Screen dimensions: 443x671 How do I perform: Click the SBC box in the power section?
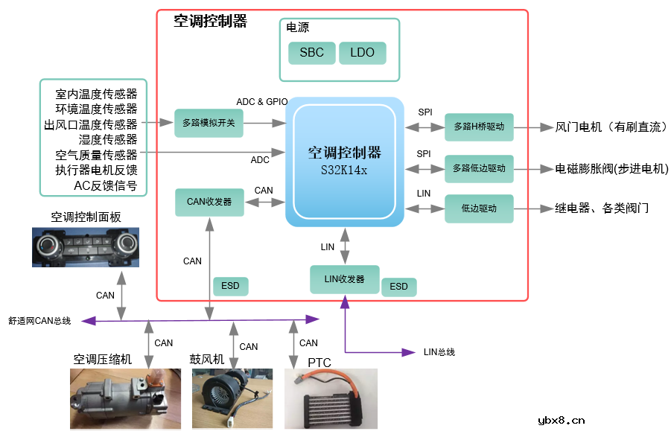pos(311,53)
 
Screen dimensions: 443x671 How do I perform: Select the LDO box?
pos(362,53)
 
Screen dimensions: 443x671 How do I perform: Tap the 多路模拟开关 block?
pos(209,123)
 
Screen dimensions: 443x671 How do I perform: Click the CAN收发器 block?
pos(209,202)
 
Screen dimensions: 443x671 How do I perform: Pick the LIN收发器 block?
pos(344,279)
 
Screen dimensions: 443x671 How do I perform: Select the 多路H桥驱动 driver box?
pos(479,127)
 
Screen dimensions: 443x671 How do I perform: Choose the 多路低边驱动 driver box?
pos(479,169)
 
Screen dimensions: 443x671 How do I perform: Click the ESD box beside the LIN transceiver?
pos(399,287)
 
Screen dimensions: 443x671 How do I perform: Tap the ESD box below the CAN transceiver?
pos(231,286)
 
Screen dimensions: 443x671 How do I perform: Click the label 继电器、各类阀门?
pos(602,208)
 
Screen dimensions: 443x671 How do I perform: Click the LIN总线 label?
pos(439,351)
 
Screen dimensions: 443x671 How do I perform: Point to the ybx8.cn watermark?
pos(561,420)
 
